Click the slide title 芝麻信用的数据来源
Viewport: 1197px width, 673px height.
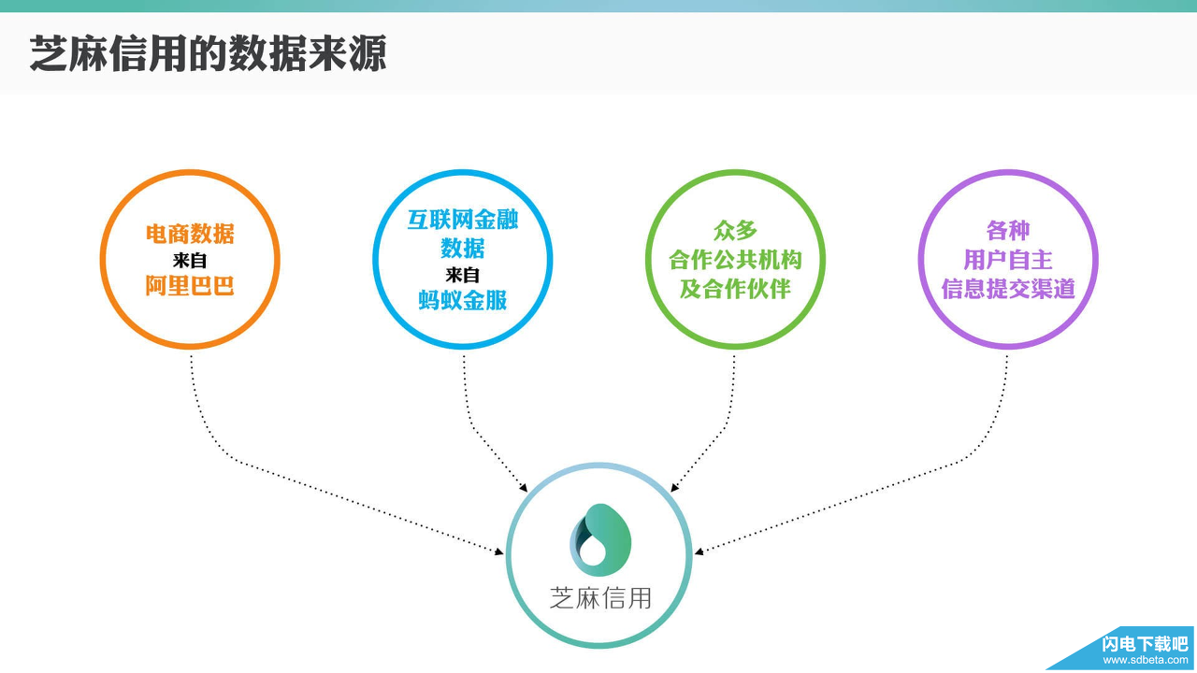click(208, 54)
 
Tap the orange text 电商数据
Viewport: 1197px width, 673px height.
click(190, 234)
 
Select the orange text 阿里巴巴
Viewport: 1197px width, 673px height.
click(190, 286)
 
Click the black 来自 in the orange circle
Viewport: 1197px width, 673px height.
click(190, 261)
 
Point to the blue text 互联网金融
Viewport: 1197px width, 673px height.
click(463, 221)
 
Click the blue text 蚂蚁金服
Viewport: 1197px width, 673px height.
click(463, 300)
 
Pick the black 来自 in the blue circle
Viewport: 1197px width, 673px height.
click(463, 275)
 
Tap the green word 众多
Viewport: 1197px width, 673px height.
click(735, 230)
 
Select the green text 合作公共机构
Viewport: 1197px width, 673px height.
click(735, 260)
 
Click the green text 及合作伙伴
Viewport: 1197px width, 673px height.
click(735, 289)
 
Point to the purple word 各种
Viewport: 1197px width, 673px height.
click(1007, 230)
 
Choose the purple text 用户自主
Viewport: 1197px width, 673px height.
click(1007, 260)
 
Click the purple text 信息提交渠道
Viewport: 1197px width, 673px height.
click(1007, 289)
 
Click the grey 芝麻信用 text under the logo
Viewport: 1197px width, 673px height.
click(600, 598)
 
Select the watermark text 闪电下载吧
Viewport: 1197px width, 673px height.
click(1145, 643)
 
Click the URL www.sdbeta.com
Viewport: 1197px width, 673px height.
click(1145, 660)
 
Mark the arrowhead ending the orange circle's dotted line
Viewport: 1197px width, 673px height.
click(499, 552)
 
